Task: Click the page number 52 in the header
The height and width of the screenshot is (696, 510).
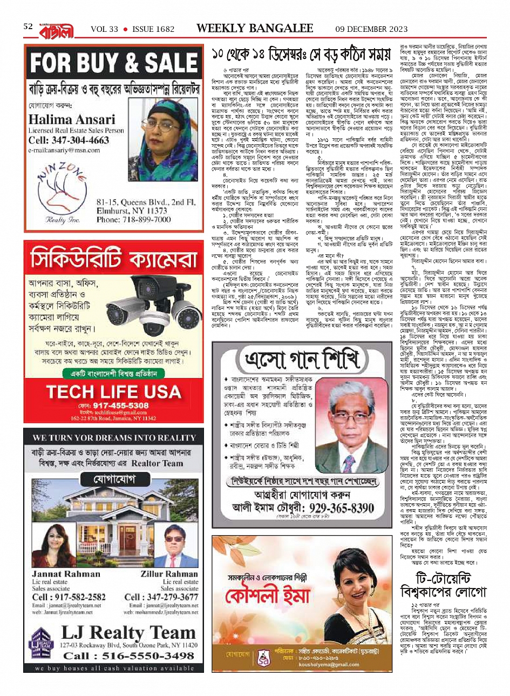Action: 28,27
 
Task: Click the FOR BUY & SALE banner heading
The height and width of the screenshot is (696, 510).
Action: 114,64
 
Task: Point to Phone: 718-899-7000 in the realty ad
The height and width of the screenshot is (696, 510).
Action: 142,220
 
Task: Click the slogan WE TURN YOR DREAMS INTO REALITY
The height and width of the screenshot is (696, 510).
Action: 113,437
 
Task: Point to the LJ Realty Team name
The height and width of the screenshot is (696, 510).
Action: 128,632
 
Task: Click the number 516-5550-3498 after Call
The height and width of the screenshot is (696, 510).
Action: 144,656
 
